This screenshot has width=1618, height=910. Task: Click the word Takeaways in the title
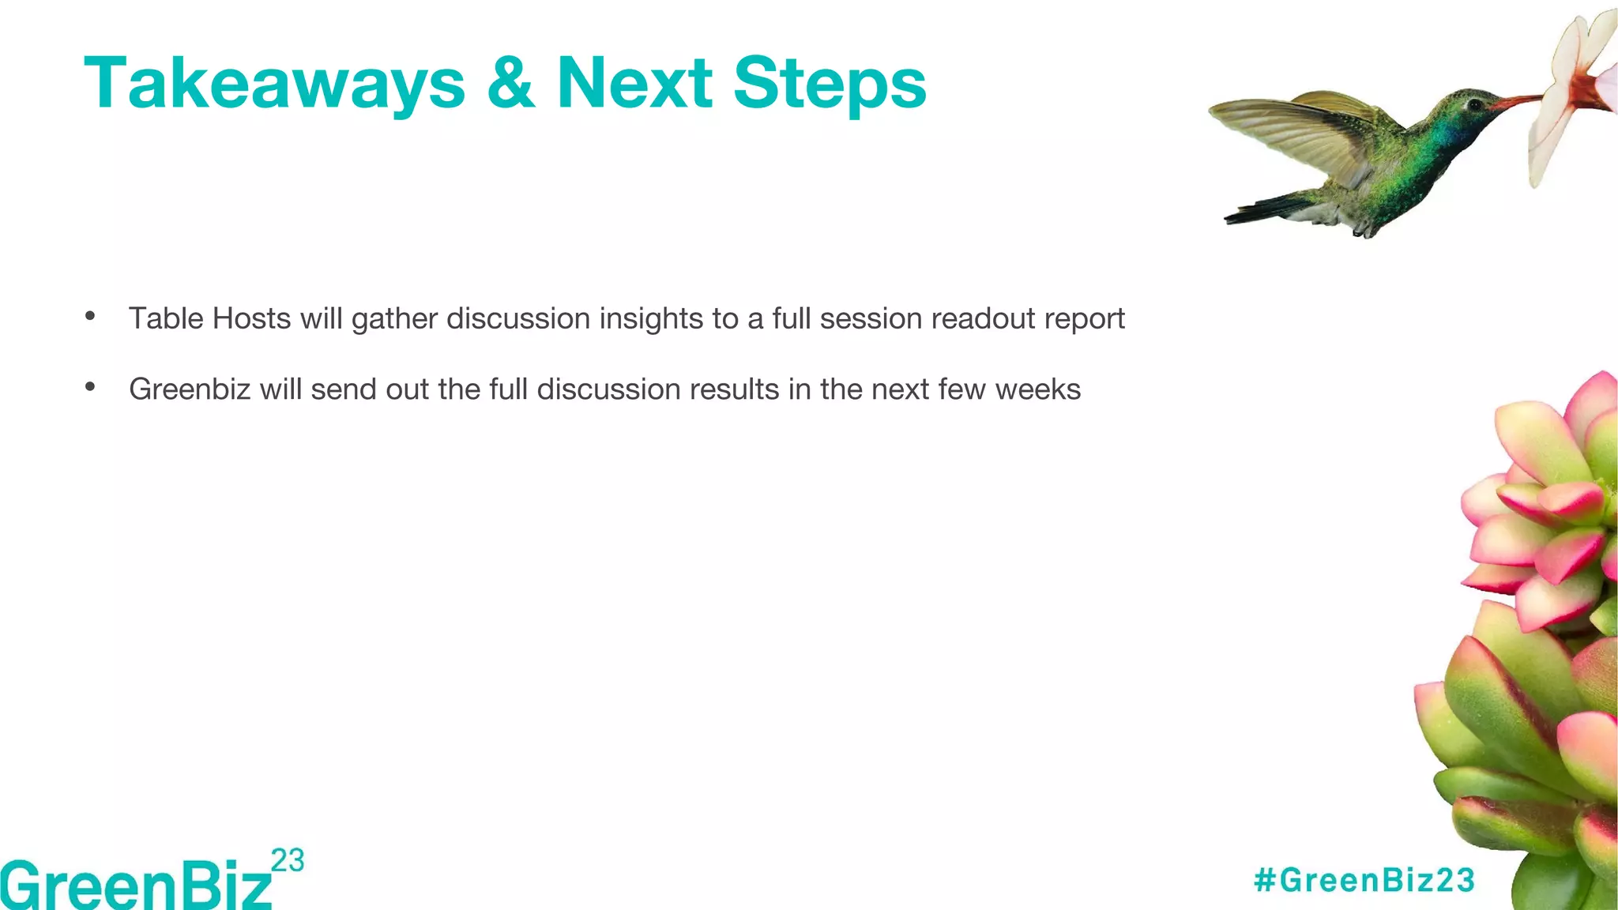tap(274, 84)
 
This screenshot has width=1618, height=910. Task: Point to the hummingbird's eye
tap(1474, 104)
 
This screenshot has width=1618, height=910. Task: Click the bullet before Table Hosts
tap(90, 317)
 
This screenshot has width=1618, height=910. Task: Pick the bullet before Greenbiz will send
tap(90, 387)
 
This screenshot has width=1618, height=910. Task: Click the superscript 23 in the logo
tap(288, 860)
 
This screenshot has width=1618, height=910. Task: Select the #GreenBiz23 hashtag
tap(1364, 880)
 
